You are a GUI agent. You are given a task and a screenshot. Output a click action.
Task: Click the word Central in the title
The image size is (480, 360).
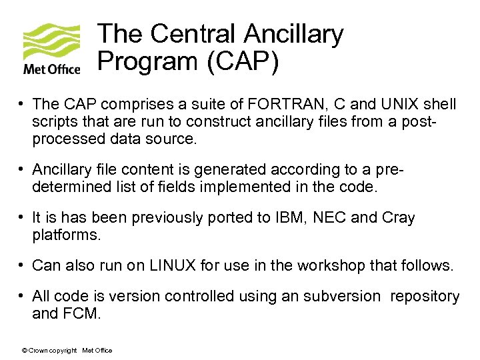(189, 34)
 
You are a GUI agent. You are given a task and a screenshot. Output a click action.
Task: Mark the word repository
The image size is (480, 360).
(425, 295)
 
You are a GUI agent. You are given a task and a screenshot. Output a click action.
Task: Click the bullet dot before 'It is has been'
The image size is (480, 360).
(23, 218)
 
